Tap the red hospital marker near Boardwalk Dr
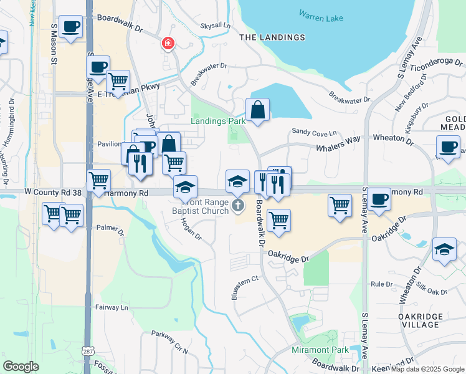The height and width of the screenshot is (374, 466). [168, 43]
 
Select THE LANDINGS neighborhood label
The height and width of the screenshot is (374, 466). [273, 37]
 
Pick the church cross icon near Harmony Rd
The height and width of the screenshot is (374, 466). [237, 205]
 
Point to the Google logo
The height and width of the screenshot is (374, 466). [21, 367]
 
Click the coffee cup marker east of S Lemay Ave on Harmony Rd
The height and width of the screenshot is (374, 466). [378, 199]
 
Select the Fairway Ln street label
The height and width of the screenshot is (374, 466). [112, 307]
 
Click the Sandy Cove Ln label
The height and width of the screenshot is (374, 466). [314, 132]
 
